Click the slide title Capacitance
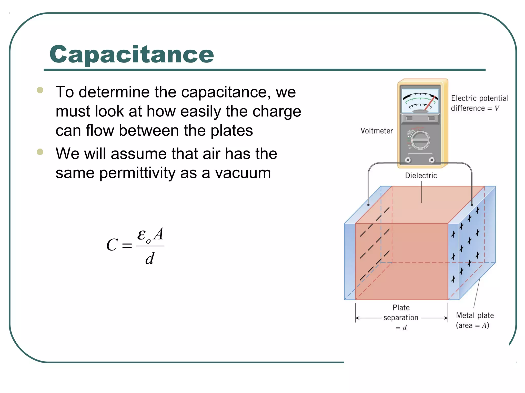132,54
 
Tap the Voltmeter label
377,131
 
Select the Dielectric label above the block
421,176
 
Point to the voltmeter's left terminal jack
408,160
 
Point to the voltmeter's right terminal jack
432,160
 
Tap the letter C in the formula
112,245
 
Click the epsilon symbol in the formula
142,234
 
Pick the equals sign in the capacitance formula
127,246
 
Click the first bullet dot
40,90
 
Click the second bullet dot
40,152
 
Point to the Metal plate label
475,315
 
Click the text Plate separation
401,312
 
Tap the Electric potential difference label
479,103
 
